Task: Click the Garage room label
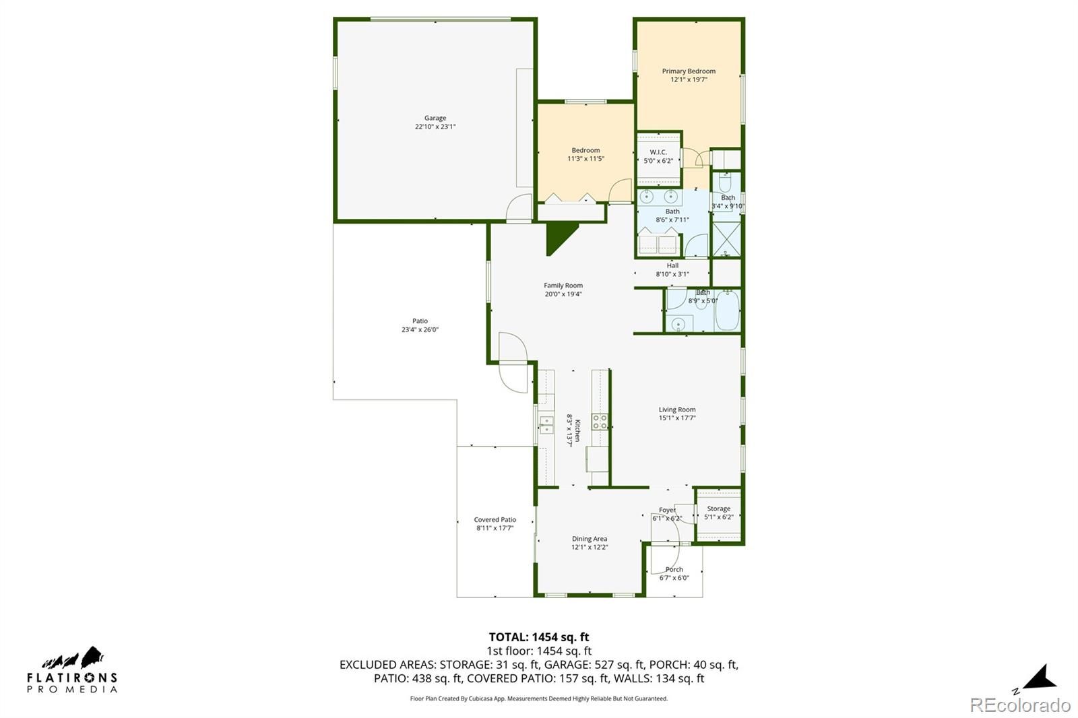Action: [x=435, y=118]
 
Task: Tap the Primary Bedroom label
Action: [x=689, y=71]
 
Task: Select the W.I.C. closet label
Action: [x=658, y=152]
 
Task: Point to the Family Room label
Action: [x=563, y=286]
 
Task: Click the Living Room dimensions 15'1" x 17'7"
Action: [x=677, y=418]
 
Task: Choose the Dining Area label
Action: [x=590, y=539]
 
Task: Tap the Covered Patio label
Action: [x=495, y=520]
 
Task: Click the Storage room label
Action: [x=718, y=509]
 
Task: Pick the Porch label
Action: [x=674, y=569]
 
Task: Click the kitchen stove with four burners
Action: [x=600, y=422]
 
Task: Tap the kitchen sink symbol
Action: [x=546, y=425]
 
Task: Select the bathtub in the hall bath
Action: [x=727, y=311]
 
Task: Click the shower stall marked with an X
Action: [x=726, y=239]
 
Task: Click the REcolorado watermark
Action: [x=1020, y=705]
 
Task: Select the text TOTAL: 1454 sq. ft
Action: [x=539, y=637]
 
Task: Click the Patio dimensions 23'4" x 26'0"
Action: [x=420, y=329]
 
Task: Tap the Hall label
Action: [x=673, y=265]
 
